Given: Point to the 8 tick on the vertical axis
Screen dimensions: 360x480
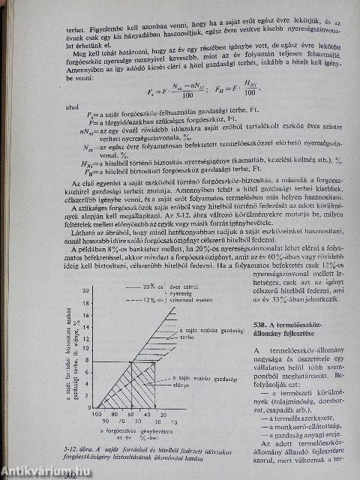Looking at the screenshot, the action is pos(88,362).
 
